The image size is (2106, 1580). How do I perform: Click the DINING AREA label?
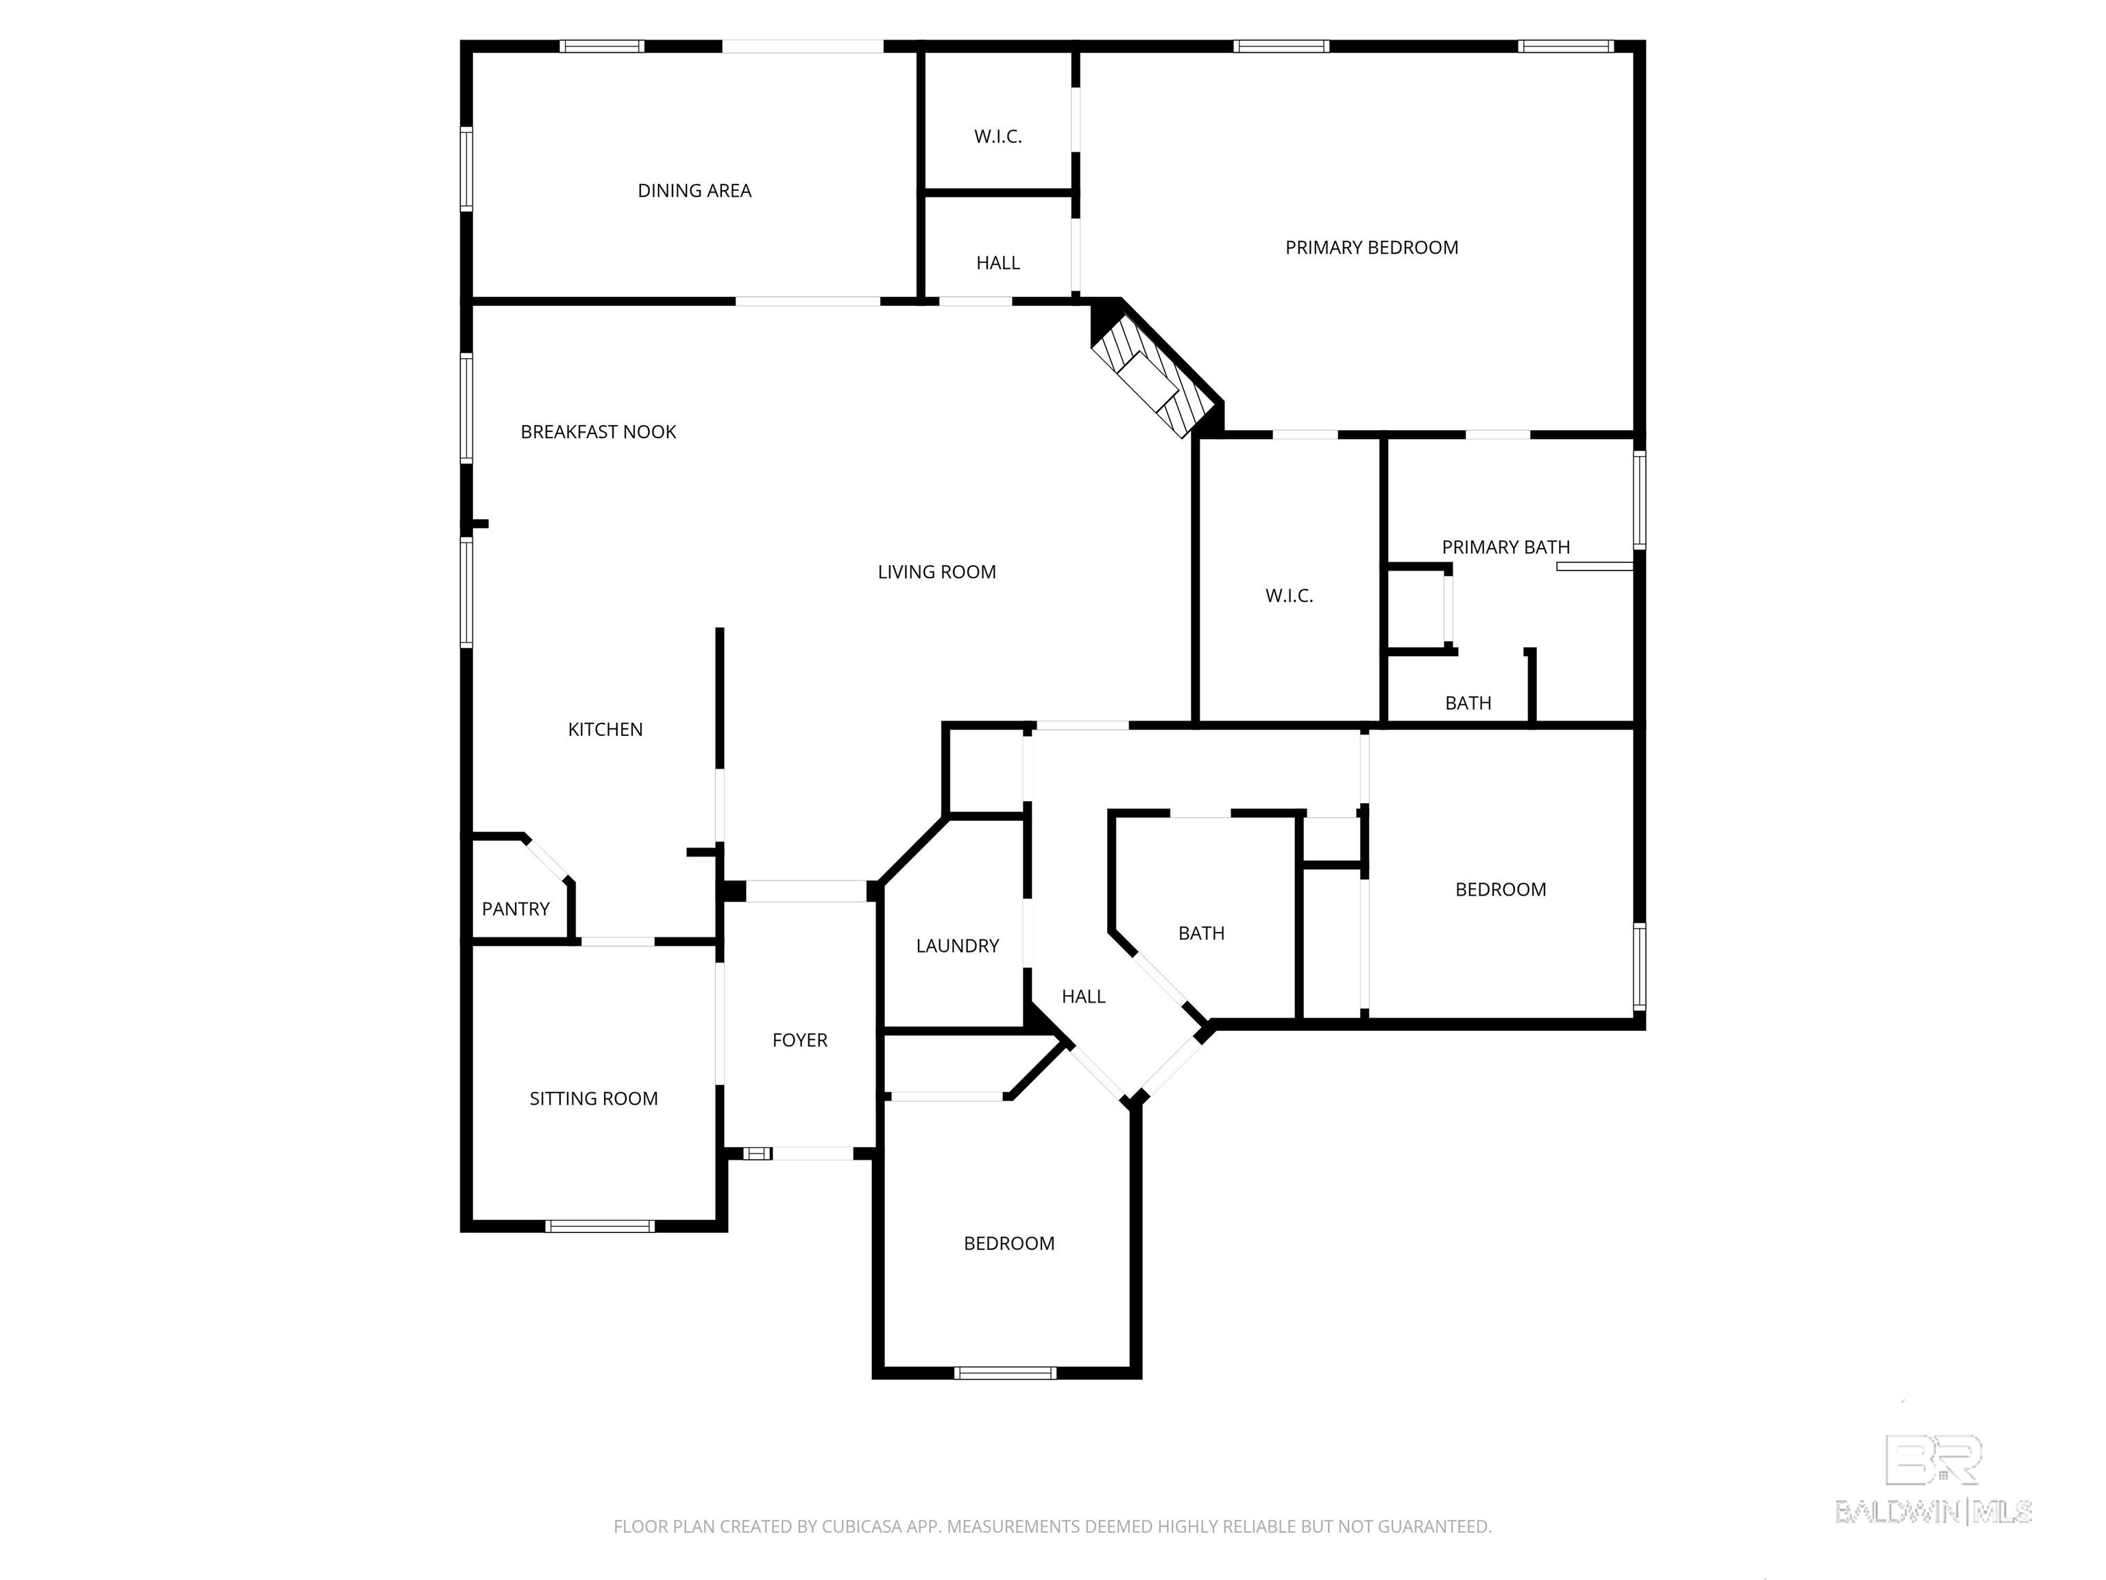[x=694, y=191]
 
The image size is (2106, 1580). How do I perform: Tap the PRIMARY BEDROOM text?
[x=1371, y=248]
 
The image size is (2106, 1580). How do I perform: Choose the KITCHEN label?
[x=605, y=730]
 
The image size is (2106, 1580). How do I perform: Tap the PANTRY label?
[x=515, y=909]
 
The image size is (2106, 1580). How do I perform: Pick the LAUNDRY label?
[x=957, y=946]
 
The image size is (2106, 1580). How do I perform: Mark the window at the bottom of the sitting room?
[x=599, y=1225]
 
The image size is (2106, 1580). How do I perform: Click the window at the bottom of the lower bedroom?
[x=1006, y=1372]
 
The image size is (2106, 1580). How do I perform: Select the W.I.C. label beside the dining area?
[x=997, y=137]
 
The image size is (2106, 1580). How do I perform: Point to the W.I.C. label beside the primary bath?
[x=1289, y=596]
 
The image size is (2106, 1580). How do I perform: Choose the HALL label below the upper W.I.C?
[x=997, y=263]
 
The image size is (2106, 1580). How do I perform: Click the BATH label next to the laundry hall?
[x=1200, y=933]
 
